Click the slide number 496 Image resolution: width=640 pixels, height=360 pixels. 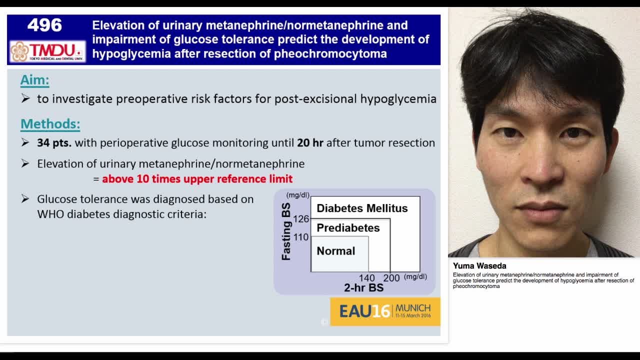coord(44,25)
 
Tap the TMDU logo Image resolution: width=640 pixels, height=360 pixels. coord(47,51)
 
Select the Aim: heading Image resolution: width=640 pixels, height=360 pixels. coord(34,80)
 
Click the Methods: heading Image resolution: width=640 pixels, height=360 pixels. coord(50,124)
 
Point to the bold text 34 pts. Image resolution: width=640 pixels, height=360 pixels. coord(54,143)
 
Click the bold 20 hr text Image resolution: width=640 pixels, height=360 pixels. coord(310,143)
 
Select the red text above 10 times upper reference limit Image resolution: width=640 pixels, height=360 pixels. coord(197,179)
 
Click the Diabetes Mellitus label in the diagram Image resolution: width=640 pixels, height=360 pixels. coord(362,208)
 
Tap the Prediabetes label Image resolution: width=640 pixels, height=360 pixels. coord(348,228)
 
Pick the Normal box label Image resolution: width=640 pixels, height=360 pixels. coord(335,251)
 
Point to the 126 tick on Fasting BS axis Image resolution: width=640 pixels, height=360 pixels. coord(301,219)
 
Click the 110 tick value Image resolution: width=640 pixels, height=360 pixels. coord(301,237)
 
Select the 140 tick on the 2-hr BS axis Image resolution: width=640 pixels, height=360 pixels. coord(366,278)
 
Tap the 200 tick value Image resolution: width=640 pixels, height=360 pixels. coord(391,278)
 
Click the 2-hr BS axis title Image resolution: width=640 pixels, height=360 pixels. coord(363,288)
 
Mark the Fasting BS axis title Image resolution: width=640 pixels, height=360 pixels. coord(286,231)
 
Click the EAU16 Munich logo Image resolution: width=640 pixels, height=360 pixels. coord(385,311)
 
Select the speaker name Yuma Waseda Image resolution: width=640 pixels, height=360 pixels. coord(479,266)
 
